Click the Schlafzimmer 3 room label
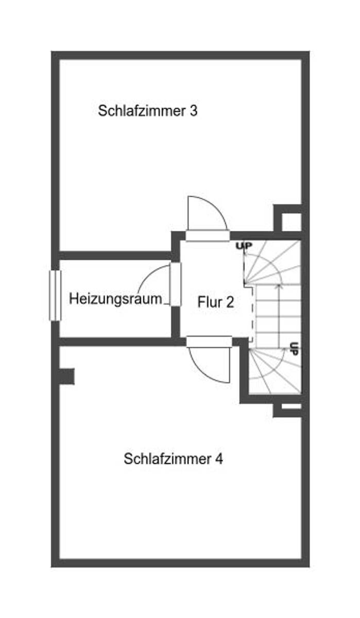click(x=147, y=111)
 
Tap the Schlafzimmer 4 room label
click(x=173, y=459)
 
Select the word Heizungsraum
click(x=115, y=299)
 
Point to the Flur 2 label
click(x=215, y=302)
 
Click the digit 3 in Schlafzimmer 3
click(x=193, y=111)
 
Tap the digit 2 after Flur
click(x=229, y=302)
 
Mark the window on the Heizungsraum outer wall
click(x=55, y=295)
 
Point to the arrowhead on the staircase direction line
click(x=279, y=286)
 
